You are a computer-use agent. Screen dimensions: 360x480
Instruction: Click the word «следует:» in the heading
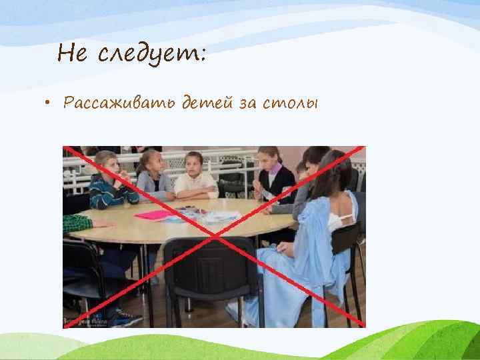coord(152,53)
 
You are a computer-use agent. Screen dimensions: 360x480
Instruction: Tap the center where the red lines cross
coord(214,237)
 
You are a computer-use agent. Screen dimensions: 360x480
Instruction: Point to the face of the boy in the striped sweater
coord(106,164)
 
